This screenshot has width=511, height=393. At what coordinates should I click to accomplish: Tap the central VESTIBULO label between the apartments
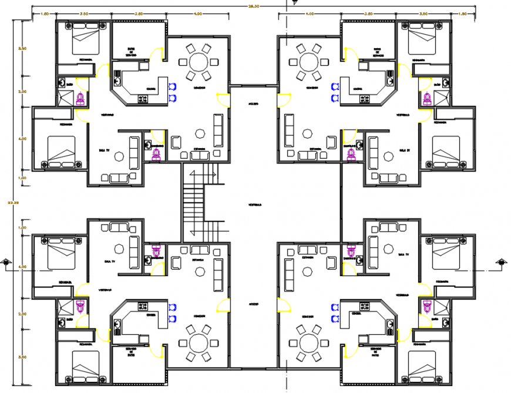[254, 205]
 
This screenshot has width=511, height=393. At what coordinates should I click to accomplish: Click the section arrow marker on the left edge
[6, 263]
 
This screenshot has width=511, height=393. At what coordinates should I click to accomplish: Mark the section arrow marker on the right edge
[500, 263]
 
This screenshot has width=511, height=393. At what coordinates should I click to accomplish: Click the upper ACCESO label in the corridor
[254, 103]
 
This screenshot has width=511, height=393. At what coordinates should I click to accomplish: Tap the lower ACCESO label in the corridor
[254, 304]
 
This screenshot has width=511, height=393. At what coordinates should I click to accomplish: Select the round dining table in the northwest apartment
[197, 62]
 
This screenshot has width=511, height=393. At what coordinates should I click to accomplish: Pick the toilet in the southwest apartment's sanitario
[156, 251]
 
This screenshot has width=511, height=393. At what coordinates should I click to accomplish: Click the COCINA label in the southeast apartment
[356, 314]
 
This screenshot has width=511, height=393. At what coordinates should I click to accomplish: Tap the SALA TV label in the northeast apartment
[403, 151]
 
